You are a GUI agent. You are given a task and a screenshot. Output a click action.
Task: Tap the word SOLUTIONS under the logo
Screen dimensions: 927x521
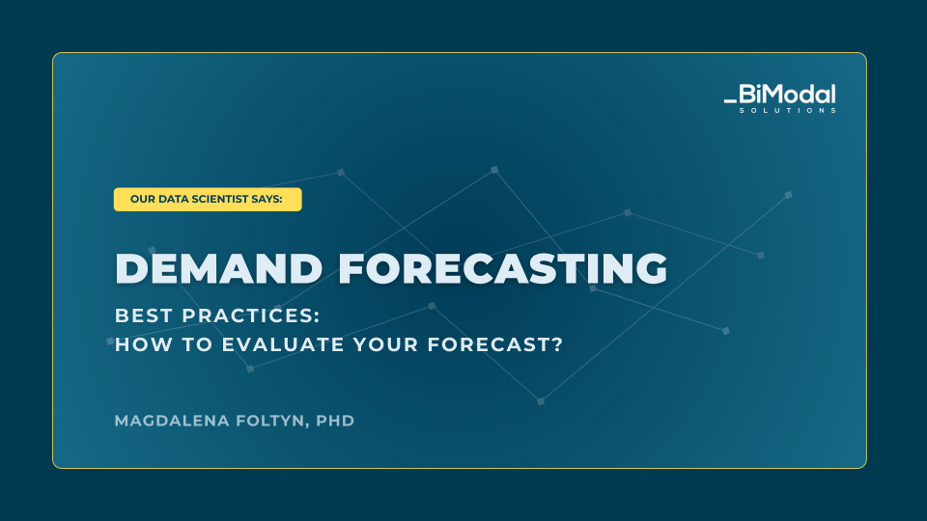[x=788, y=110]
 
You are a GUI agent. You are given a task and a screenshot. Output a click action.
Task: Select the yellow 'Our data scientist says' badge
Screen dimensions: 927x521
[x=208, y=199]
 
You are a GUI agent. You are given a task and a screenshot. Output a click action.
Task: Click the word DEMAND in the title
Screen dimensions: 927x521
[x=219, y=269]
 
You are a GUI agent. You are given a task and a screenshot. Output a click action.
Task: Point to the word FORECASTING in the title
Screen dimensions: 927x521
[x=503, y=269]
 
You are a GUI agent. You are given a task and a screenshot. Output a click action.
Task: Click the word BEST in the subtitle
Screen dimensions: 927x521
[x=144, y=315]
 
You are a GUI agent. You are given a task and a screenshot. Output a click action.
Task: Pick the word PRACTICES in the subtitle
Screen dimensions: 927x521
[x=251, y=315]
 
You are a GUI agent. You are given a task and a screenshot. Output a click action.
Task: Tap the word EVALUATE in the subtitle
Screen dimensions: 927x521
[x=283, y=344]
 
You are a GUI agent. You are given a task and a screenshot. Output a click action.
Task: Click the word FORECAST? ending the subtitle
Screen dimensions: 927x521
[x=495, y=344]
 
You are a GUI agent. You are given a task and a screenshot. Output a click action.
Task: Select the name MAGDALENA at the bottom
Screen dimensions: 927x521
[x=172, y=421]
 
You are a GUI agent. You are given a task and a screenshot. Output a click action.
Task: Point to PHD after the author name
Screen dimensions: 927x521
[x=335, y=421]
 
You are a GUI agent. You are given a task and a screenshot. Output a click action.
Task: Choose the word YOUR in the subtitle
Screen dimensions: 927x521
[x=386, y=344]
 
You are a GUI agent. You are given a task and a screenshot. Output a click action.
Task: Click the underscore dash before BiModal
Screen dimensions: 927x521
[x=730, y=101]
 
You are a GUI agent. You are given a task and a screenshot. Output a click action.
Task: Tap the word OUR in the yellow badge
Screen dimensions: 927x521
[x=143, y=199]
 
